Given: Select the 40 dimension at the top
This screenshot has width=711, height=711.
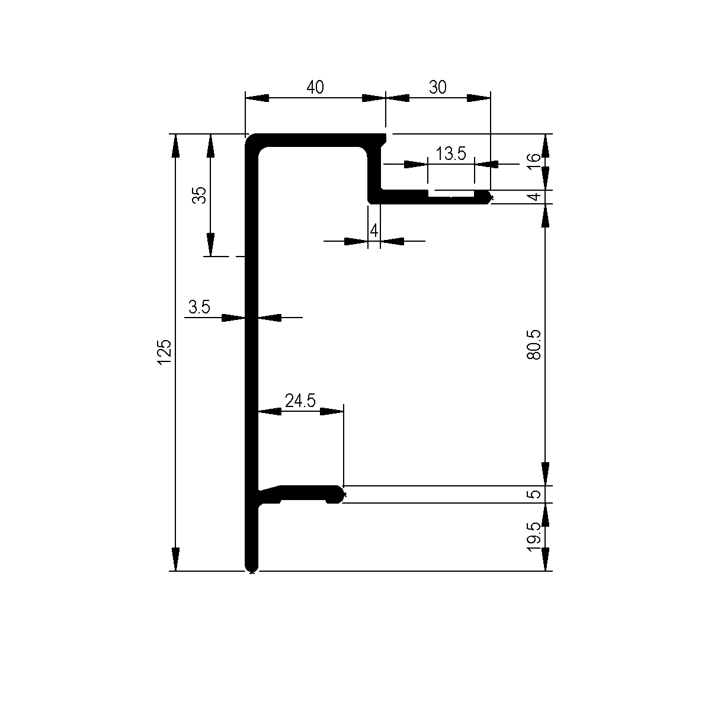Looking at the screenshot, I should click(315, 88).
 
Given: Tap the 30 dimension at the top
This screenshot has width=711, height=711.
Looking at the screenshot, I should click(437, 88).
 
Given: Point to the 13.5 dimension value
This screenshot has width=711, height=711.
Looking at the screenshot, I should click(451, 154).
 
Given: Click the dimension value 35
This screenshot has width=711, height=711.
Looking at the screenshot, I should click(200, 196).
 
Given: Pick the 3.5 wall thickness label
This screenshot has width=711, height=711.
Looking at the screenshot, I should click(199, 307).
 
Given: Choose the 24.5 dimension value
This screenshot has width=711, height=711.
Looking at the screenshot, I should click(300, 401).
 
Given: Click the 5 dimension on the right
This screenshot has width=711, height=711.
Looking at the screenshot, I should click(535, 494).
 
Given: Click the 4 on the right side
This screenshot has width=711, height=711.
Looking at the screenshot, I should click(535, 197).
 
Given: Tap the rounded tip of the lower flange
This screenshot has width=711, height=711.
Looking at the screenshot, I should click(340, 494).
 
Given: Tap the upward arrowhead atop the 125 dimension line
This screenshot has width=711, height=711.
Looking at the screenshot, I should click(175, 145).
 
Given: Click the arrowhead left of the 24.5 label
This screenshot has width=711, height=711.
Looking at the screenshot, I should click(269, 411).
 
